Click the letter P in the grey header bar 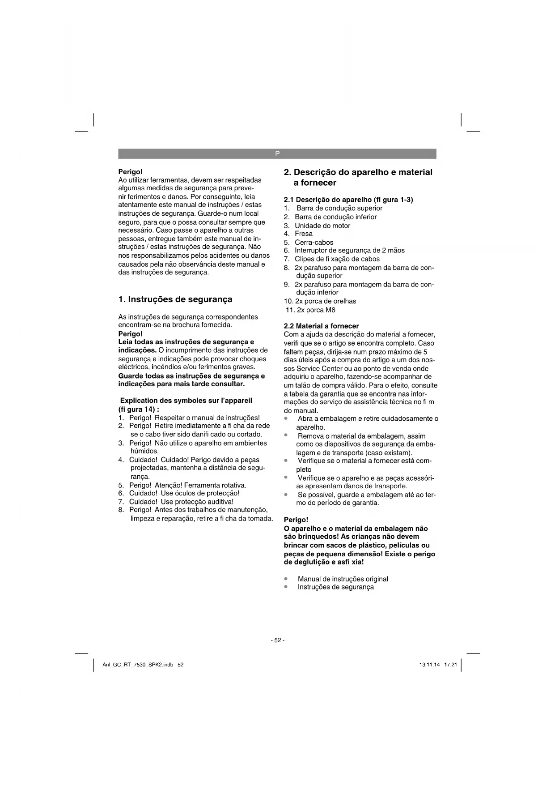pos(277,154)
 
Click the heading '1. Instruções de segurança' pos(175,299)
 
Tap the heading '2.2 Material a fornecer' pos(321,326)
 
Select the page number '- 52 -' pos(277,640)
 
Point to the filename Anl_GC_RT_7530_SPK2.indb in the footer pos(138,665)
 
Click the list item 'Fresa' pos(304,234)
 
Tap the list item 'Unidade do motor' pos(322,226)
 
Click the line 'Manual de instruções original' pos(343,579)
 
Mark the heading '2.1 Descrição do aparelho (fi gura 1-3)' pos(348,200)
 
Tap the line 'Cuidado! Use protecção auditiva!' pos(181,502)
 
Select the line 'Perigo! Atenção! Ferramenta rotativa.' pos(187,485)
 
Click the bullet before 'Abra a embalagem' pos(286,418)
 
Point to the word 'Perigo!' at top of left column pos(130,171)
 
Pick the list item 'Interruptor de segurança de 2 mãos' pos(349,251)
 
